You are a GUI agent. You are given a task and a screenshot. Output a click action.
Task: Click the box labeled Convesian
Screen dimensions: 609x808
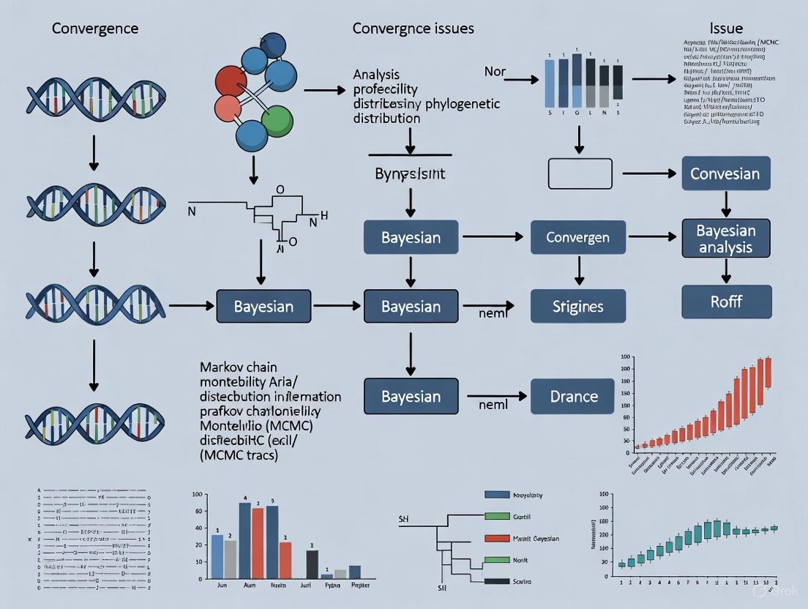tap(725, 174)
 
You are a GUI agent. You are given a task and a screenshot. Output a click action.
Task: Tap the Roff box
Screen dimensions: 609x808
tap(726, 302)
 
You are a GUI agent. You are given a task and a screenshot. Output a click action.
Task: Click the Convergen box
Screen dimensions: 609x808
tap(577, 237)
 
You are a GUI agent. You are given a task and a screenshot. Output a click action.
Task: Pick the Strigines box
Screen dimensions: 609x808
tap(577, 306)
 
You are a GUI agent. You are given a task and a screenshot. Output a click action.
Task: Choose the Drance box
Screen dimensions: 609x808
tap(574, 396)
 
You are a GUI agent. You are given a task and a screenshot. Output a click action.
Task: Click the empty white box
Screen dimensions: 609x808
tap(580, 174)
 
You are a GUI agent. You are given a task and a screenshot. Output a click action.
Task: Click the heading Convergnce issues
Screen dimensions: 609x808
tap(413, 29)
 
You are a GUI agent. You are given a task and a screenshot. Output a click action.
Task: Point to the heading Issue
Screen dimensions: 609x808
tap(726, 29)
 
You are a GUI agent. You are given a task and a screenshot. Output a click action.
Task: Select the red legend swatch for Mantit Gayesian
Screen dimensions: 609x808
tap(497, 538)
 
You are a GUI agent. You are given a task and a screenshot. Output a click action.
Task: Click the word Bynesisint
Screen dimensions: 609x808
tap(411, 176)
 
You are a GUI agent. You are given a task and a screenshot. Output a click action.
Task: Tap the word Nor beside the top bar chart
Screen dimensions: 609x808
tap(495, 72)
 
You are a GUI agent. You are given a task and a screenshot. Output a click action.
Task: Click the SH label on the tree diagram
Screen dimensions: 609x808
tap(403, 518)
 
